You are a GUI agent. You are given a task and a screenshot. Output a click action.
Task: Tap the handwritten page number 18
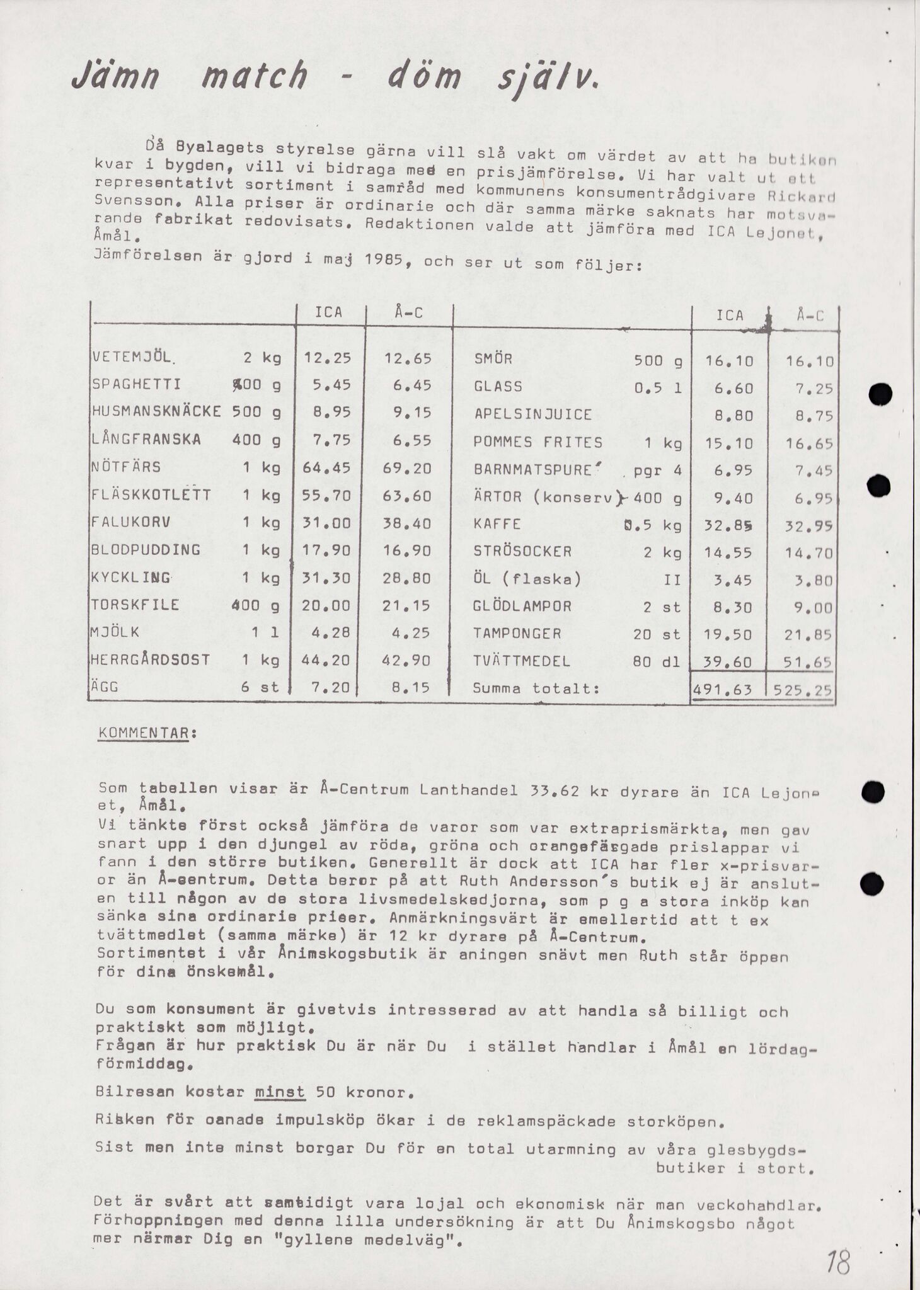839,1246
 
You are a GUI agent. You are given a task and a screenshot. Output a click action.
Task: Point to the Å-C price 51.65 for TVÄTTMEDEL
809,662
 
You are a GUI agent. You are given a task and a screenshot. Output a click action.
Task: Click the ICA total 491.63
723,690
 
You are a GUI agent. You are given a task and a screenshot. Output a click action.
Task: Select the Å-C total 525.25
803,690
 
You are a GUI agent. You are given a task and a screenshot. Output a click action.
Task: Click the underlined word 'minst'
280,1092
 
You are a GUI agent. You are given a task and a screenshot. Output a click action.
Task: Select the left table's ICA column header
328,312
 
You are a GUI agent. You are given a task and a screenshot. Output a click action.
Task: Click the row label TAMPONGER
517,634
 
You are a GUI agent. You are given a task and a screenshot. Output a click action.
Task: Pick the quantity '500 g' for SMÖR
658,361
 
